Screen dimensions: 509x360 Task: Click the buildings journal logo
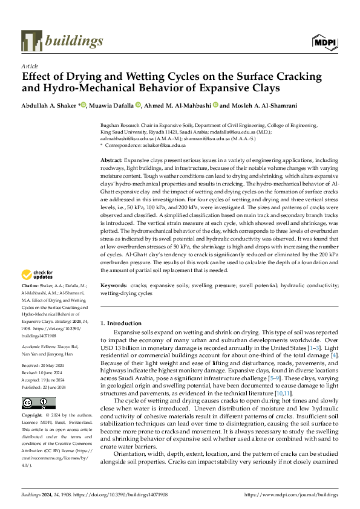click(x=62, y=41)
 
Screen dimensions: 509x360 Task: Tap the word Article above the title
click(x=29, y=66)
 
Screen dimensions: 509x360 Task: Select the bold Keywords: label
click(x=114, y=285)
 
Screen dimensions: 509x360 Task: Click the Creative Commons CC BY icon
click(x=38, y=403)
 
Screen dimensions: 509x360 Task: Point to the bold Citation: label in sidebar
click(x=31, y=285)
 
